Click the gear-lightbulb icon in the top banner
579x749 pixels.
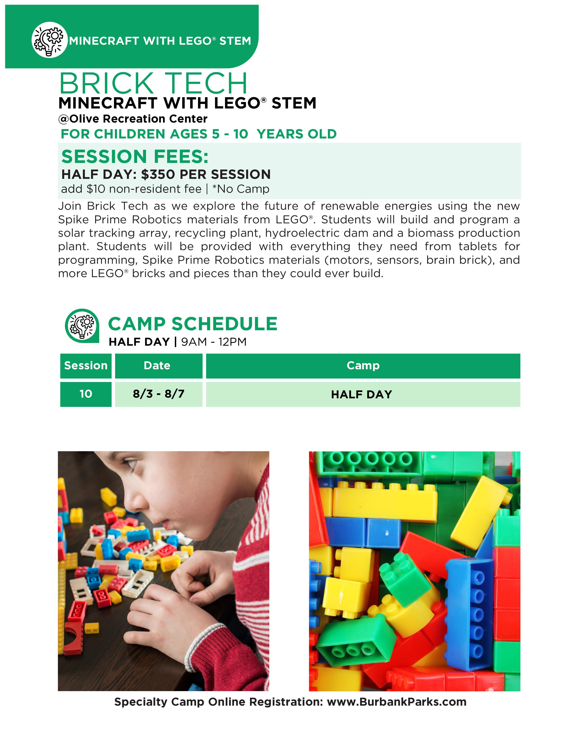pos(49,40)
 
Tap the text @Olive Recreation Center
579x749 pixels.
pos(133,119)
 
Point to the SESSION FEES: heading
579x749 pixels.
pos(135,157)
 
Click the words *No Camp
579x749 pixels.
pos(241,189)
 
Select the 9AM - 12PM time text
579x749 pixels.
pos(214,342)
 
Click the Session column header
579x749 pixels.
pos(86,366)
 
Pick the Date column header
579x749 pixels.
pos(157,366)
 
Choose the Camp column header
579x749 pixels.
pos(363,366)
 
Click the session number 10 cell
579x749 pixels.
pos(86,394)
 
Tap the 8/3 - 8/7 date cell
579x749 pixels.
pos(158,394)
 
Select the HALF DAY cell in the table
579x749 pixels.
pos(361,394)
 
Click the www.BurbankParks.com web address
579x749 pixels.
pos(396,702)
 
